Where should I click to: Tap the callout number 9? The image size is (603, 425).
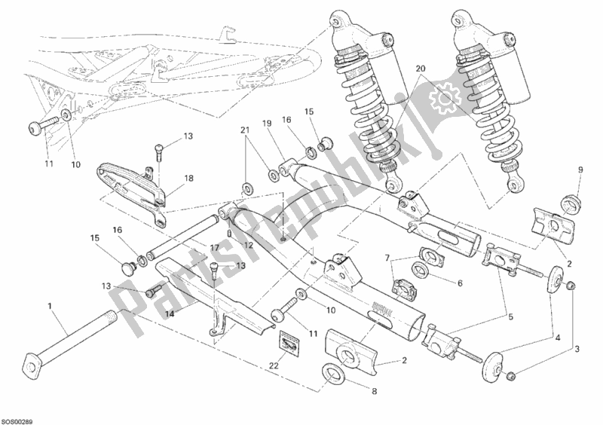[579, 170]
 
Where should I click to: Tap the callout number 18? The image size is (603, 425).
[188, 179]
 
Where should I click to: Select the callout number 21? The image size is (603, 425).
[246, 131]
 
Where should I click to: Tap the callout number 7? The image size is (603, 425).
[389, 259]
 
